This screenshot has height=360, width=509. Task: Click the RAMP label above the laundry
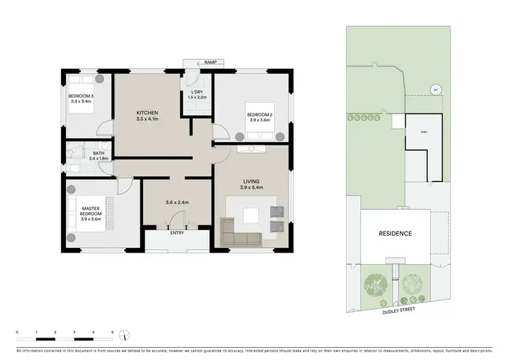(x=200, y=62)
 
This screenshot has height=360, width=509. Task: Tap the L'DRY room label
(x=197, y=92)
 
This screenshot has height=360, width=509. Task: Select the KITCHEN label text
(x=147, y=112)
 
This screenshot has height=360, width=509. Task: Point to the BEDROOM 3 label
(x=81, y=96)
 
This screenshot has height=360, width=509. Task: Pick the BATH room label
(x=99, y=154)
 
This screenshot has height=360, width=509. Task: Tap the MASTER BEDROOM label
(x=91, y=212)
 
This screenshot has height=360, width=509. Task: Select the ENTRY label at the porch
(x=176, y=233)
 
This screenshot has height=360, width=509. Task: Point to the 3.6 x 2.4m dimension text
(x=176, y=202)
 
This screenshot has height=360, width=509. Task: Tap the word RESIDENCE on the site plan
(x=395, y=234)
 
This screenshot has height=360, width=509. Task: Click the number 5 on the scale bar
(x=112, y=333)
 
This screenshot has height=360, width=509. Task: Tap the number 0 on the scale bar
(x=17, y=333)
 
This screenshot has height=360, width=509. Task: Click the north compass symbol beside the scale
(x=126, y=334)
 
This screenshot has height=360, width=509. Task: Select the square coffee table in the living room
(x=252, y=216)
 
